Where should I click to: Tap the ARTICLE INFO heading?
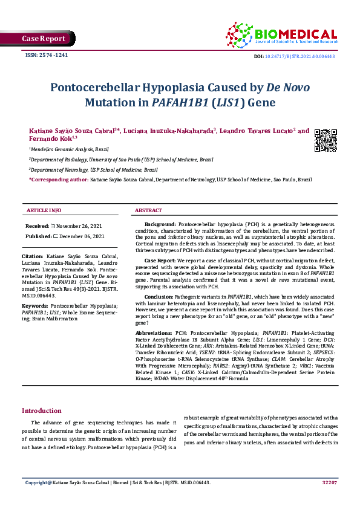click(44, 210)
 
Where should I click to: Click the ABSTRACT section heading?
click(148, 210)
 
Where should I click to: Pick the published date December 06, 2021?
click(78, 236)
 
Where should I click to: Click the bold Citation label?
click(34, 256)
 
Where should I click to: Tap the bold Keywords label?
click(36, 306)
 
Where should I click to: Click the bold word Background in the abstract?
click(160, 224)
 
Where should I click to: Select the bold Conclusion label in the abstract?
click(159, 297)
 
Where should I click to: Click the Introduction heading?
click(42, 411)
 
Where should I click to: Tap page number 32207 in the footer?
click(329, 482)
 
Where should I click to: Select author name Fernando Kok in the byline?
click(49, 138)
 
